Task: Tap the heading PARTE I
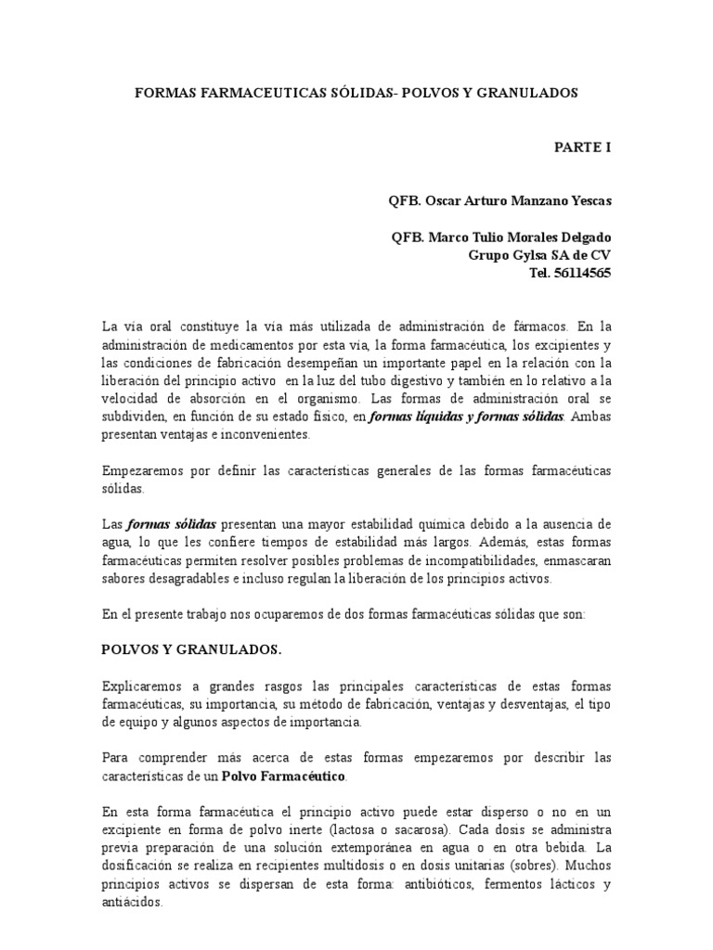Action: point(583,147)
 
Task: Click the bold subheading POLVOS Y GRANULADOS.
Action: point(191,649)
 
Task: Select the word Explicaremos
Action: point(142,687)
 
